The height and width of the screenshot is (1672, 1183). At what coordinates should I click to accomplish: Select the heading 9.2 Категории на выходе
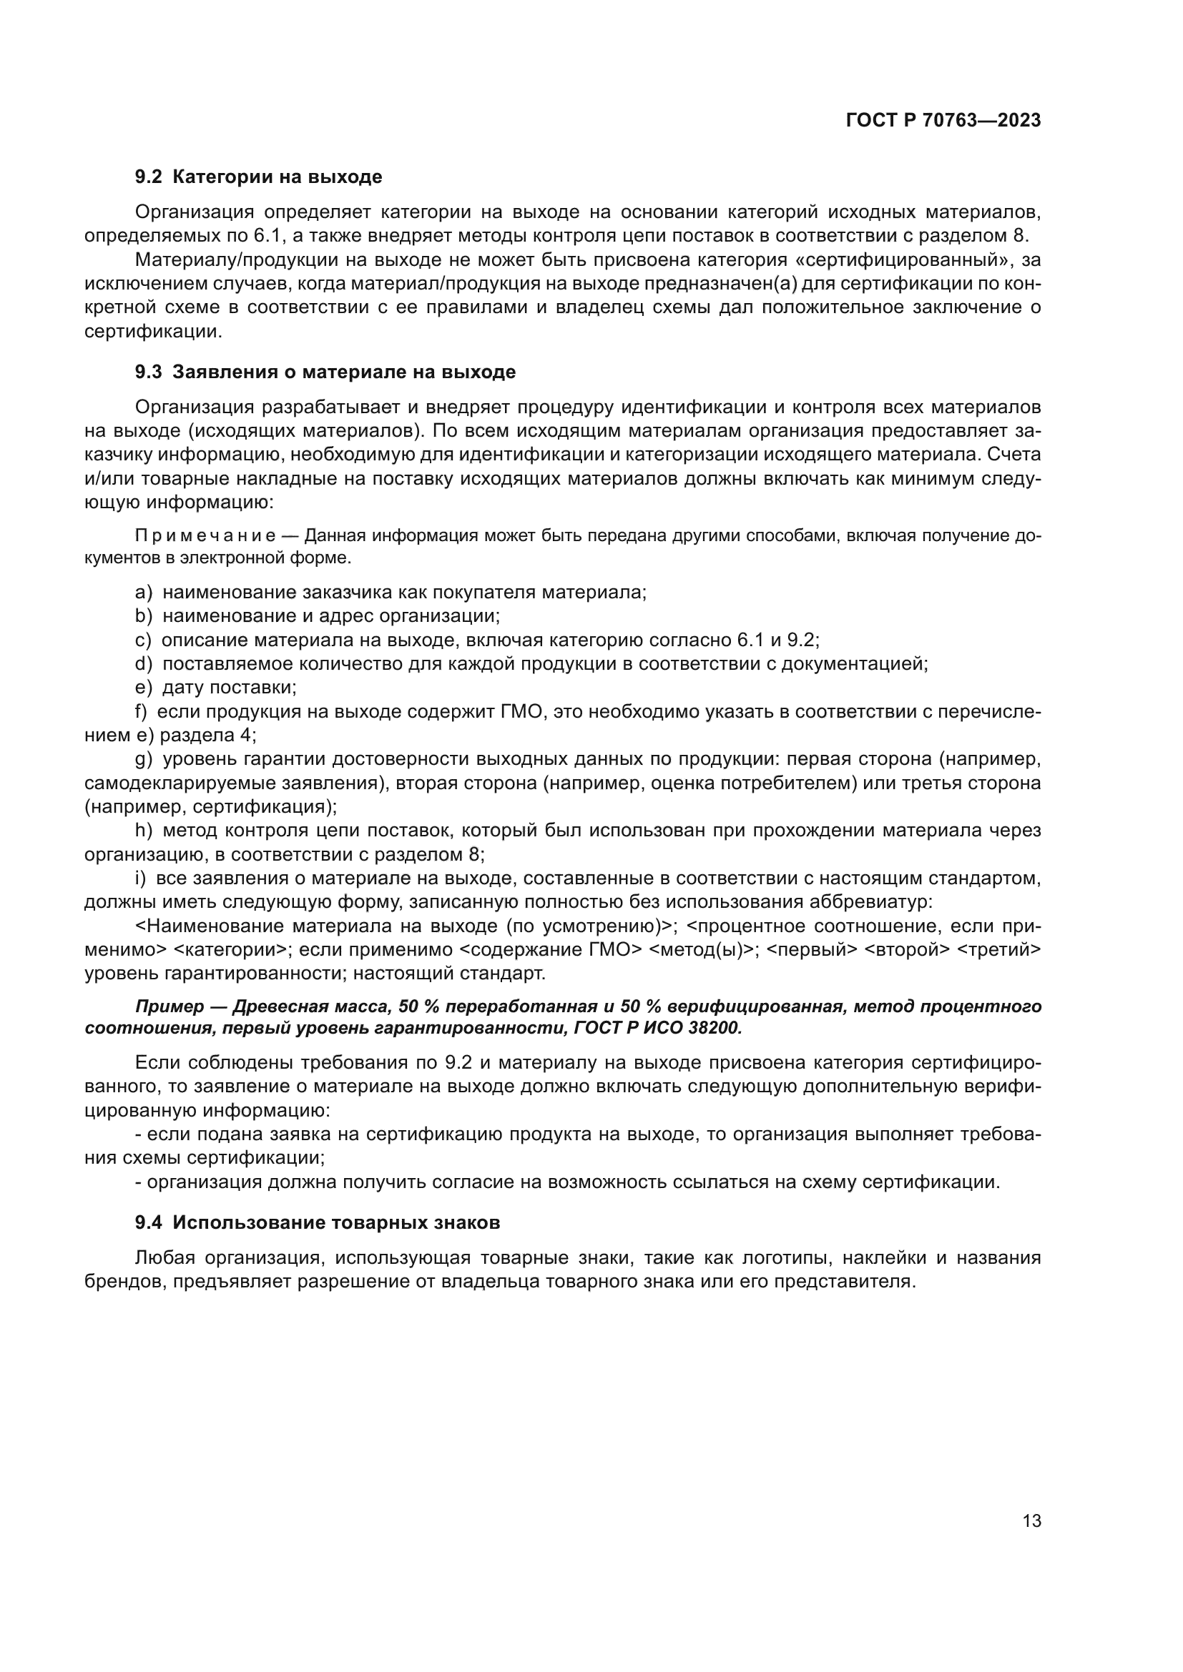pyautogui.click(x=259, y=177)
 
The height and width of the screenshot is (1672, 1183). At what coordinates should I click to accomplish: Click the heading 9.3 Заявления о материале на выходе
pyautogui.click(x=325, y=372)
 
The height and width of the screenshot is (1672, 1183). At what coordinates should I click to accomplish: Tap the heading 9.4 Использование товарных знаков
pyautogui.click(x=317, y=1222)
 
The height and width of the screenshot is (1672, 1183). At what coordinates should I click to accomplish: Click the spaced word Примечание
pyautogui.click(x=205, y=536)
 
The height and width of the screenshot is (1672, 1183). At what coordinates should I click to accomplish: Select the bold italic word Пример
pyautogui.click(x=170, y=1006)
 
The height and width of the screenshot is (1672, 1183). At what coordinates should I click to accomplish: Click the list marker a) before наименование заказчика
pyautogui.click(x=144, y=592)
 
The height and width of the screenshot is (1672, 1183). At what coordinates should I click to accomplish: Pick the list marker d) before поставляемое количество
pyautogui.click(x=144, y=663)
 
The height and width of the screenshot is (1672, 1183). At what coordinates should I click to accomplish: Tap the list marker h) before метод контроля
pyautogui.click(x=144, y=830)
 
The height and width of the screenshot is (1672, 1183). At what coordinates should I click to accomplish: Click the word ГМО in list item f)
pyautogui.click(x=524, y=711)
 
